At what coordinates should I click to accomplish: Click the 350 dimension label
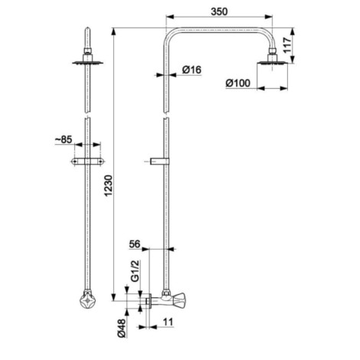pos(219,11)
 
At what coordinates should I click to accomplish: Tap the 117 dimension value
pos(287,45)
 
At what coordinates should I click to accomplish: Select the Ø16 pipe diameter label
pos(191,70)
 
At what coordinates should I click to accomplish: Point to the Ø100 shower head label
pos(238,83)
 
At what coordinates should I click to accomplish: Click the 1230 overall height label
pos(108,185)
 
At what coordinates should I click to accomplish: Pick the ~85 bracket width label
pos(64,139)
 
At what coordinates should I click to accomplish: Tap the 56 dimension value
pos(135,244)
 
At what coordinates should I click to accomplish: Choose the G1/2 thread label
pos(136,271)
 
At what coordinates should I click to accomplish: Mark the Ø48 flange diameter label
pos(122,329)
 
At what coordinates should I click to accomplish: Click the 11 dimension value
pos(168,322)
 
